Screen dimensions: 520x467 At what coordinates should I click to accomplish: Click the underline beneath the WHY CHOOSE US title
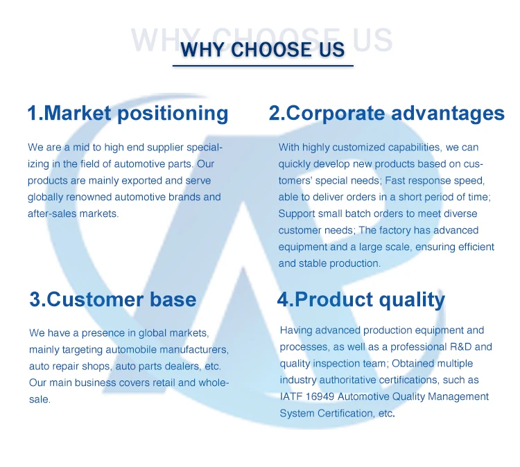coord(263,66)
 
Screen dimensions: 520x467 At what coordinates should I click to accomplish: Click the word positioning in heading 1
coord(173,114)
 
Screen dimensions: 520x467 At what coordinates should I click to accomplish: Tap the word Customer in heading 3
coord(96,299)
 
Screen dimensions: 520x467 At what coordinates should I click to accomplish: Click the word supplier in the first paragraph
coord(165,148)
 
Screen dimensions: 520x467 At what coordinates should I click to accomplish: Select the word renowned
coord(89,197)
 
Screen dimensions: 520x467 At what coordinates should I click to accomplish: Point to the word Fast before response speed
coord(395,181)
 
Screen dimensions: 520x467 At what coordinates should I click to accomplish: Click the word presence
coord(103,333)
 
